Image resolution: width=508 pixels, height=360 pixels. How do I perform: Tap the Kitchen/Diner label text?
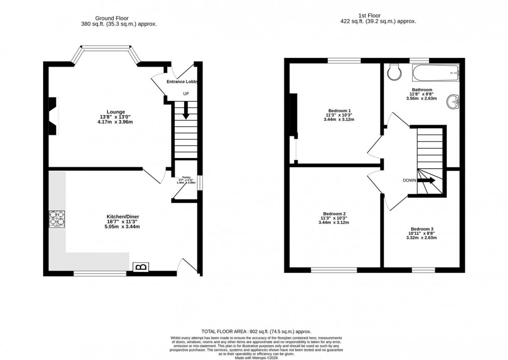(123, 216)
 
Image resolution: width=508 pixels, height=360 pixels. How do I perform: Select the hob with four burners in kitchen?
(57, 219)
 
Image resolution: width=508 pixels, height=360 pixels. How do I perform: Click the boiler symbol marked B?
(140, 267)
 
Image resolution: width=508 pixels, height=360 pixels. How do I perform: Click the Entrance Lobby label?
(182, 82)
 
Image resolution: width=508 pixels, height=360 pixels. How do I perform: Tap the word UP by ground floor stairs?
(186, 94)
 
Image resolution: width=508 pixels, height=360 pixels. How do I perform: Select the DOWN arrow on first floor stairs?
(427, 180)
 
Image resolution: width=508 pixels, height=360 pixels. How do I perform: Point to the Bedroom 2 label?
(334, 214)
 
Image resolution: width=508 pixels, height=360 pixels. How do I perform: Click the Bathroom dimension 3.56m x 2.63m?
(422, 98)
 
